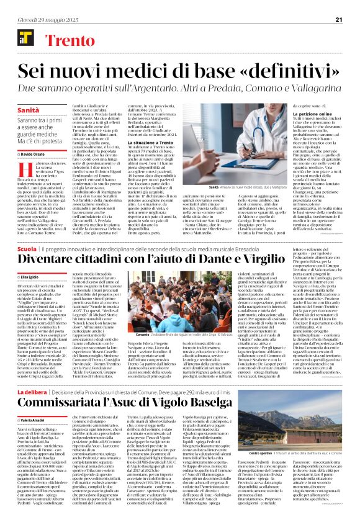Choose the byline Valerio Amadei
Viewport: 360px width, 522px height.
tap(32, 439)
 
